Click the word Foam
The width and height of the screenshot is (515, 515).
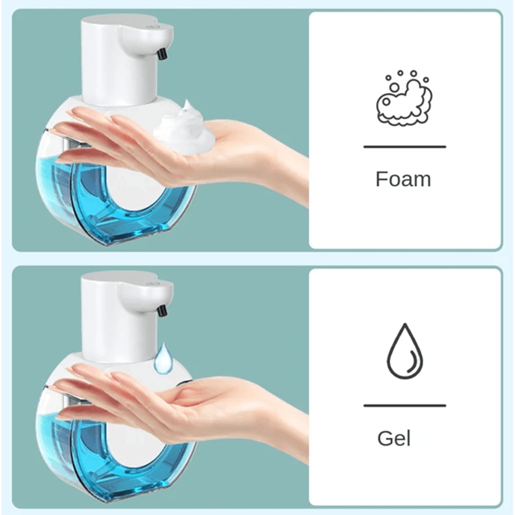[403, 179]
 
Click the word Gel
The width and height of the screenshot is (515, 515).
[394, 439]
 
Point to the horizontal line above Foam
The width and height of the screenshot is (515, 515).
[404, 147]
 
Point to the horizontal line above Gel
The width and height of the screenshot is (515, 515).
[404, 406]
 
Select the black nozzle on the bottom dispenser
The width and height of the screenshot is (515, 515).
[162, 311]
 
